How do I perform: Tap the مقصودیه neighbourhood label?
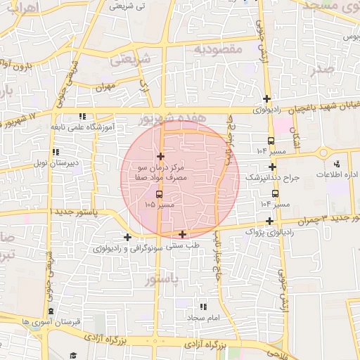pos(218,49)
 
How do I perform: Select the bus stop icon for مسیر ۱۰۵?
pos(159,193)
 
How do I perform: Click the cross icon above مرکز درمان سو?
pos(161,156)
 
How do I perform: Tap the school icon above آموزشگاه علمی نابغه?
pos(83,117)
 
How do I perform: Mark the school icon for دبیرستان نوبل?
pos(55,152)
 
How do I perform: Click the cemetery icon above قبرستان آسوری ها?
pos(49,311)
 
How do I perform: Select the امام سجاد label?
pos(205,319)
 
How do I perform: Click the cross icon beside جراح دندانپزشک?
pos(273,167)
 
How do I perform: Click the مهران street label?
pos(105,88)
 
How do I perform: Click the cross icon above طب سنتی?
pos(183,234)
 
